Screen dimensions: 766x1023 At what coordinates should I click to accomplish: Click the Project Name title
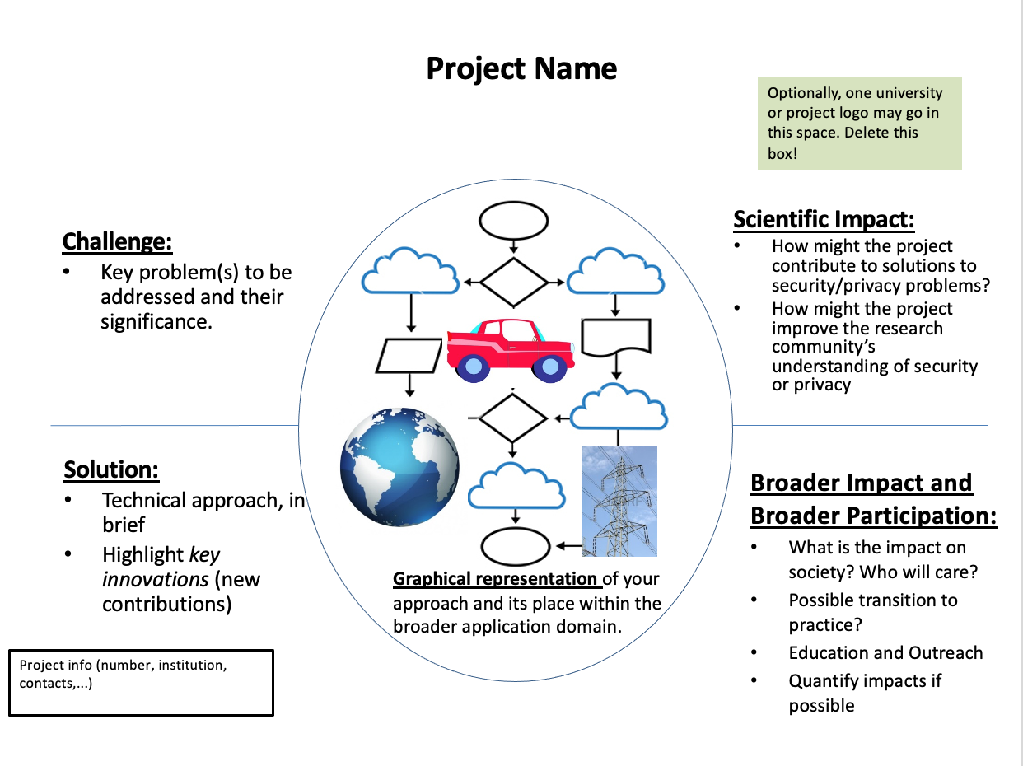521,68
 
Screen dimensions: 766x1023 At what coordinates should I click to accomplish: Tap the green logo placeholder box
859,124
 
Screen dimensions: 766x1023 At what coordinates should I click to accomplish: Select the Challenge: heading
117,241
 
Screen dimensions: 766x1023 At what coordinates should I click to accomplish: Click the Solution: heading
111,469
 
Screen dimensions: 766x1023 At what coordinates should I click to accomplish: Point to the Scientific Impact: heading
824,219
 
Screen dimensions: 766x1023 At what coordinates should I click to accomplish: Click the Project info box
141,683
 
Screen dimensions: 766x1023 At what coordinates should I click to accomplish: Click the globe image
400,467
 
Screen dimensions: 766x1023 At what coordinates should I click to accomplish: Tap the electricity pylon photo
619,501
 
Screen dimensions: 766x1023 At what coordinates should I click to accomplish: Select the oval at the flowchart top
513,220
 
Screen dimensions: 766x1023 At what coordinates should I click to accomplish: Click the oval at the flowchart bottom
515,545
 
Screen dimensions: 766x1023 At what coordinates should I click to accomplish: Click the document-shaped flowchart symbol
616,338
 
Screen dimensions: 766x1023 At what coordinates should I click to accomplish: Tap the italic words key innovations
161,567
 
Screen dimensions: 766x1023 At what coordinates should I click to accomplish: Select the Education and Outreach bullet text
885,653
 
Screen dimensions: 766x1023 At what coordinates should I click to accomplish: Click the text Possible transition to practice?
872,612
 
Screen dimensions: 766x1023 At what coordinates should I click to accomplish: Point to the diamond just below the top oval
513,282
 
